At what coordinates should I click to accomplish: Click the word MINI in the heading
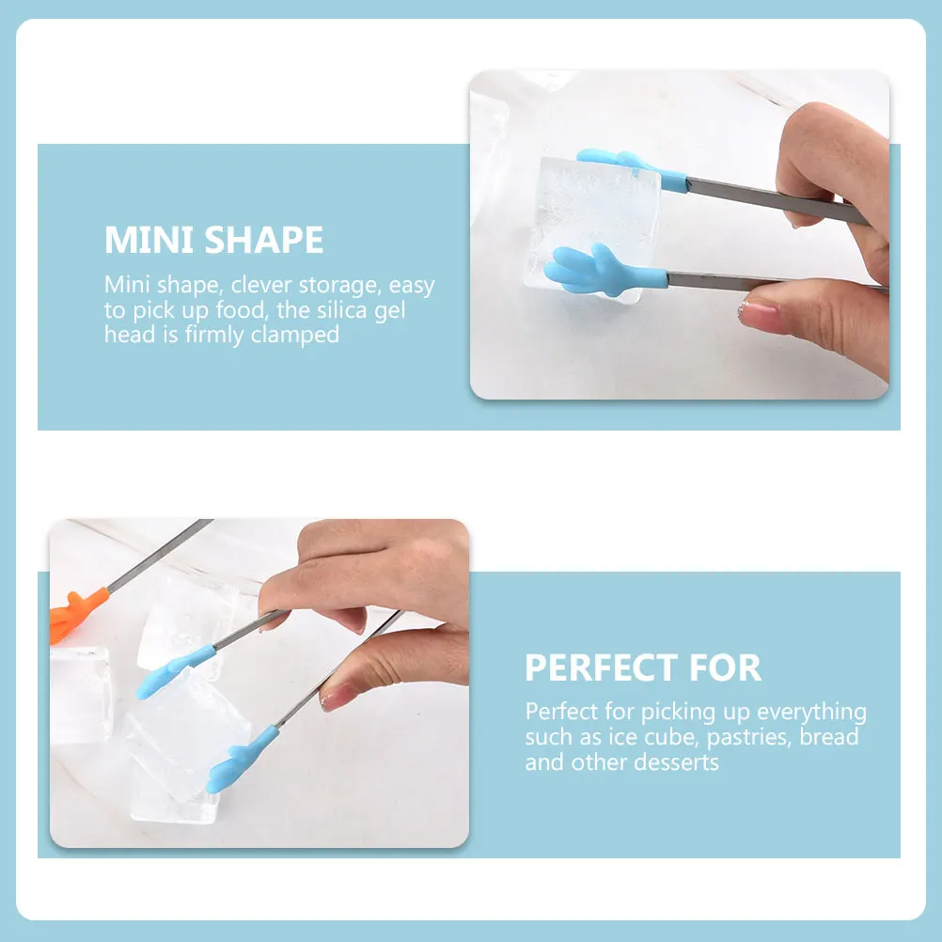coord(149,241)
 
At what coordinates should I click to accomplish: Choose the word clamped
coord(295,335)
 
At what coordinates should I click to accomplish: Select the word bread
coord(830,737)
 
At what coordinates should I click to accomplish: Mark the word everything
coord(812,713)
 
